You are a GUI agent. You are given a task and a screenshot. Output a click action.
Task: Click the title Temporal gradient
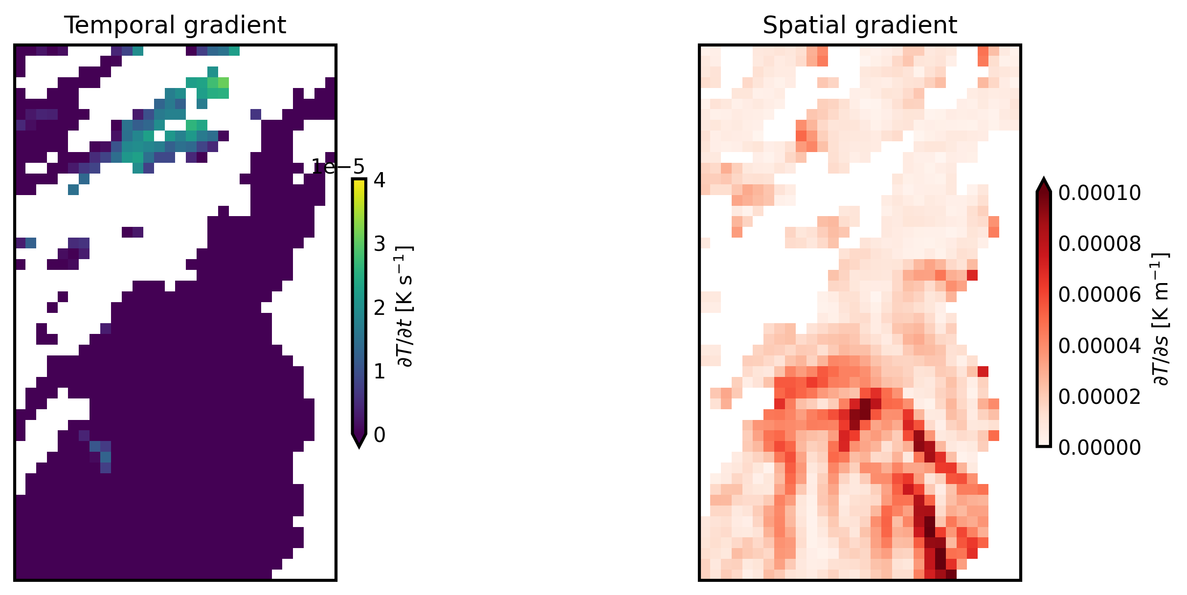pos(175,25)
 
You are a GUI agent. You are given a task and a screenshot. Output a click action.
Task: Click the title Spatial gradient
pos(859,25)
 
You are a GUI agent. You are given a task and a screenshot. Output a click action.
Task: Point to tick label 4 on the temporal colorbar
pos(380,180)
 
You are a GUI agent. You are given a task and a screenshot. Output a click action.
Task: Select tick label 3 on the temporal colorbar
pos(380,244)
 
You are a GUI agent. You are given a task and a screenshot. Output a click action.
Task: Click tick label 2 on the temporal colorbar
pos(380,308)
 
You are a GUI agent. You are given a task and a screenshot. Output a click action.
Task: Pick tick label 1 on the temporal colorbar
pos(380,372)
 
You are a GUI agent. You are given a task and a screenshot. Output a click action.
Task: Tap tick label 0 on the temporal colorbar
pos(380,435)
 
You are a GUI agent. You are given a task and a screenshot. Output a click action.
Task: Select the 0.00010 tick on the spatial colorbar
pos(1099,194)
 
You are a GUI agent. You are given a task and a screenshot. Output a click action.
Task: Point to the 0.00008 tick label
pos(1099,244)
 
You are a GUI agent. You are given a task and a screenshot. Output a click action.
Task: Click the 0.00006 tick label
pos(1099,295)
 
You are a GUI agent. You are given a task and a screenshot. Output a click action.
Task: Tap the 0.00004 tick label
pos(1099,346)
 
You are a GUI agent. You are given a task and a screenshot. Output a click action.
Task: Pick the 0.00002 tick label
pos(1099,397)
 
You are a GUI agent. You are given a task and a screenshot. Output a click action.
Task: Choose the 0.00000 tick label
pos(1099,447)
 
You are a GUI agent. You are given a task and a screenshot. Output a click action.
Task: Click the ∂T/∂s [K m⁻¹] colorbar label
pos(1160,319)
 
